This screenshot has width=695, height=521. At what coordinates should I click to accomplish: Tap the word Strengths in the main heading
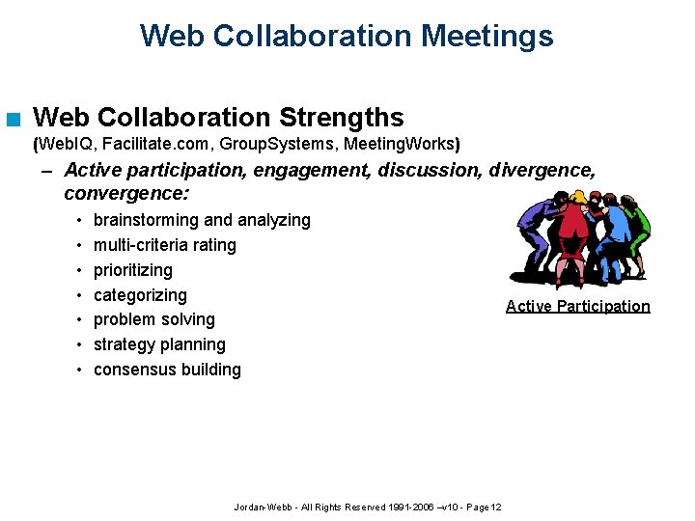(341, 118)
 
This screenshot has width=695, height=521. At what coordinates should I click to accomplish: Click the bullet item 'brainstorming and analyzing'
(202, 220)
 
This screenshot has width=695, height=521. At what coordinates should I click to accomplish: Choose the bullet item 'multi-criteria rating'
(164, 245)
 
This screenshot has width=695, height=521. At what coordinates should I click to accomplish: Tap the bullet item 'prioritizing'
(132, 270)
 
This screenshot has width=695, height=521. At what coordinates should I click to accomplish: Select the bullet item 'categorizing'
(140, 295)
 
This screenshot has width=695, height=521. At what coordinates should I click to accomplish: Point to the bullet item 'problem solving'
(153, 319)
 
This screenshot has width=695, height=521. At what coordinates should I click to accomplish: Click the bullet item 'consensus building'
(167, 370)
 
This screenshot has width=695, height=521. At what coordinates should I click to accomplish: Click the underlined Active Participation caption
(577, 306)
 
